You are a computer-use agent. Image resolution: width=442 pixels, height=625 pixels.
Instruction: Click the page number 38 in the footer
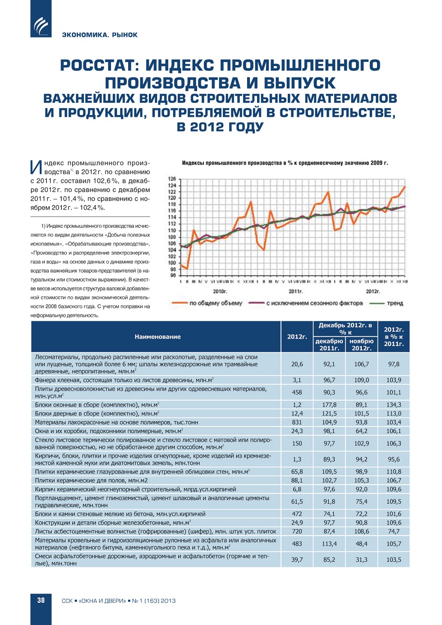point(41,600)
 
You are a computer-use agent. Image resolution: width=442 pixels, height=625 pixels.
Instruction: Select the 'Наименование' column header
point(157,337)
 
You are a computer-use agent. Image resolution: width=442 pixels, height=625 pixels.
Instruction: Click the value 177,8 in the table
point(329,405)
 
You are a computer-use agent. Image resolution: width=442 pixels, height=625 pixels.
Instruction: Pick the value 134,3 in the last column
point(394,405)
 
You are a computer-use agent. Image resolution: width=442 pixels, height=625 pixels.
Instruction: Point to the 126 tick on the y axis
point(172,179)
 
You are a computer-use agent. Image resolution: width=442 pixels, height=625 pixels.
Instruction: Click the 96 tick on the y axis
point(173,275)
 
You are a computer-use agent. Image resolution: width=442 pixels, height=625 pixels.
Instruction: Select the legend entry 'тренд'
point(395,303)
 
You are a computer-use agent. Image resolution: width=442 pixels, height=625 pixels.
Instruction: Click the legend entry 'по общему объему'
point(216,303)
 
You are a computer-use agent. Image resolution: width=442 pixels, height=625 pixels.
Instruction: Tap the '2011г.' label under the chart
point(296,292)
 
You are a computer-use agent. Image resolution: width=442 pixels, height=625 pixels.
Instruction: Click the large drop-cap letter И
point(36,167)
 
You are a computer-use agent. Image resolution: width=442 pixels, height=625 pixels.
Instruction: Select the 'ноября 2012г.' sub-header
point(361,344)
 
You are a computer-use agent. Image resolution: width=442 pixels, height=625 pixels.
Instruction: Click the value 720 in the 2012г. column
point(297,531)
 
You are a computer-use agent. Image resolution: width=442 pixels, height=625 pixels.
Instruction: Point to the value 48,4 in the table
point(361,544)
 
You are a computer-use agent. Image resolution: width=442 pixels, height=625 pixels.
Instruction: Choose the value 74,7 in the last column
point(394,531)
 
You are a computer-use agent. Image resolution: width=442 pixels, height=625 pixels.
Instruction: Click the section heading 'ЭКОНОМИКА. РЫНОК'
point(100,35)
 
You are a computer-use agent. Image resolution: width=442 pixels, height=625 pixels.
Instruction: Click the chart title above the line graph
point(285,163)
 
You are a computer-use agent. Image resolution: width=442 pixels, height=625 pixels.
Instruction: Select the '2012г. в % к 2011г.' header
point(394,337)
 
